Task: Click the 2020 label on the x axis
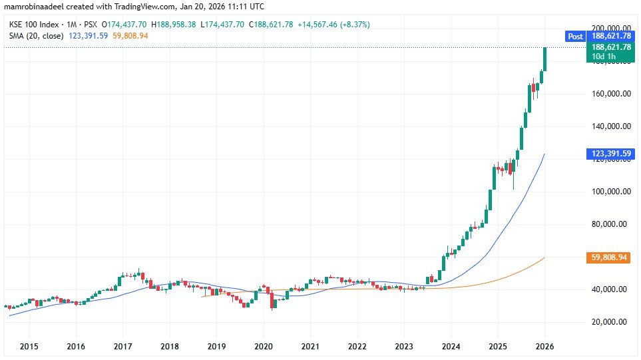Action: click(x=264, y=347)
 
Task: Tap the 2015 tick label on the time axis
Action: click(x=29, y=347)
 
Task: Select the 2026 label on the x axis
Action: click(x=544, y=347)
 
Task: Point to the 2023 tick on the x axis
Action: click(x=404, y=347)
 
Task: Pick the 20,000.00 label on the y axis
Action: click(x=611, y=322)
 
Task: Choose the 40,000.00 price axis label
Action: click(x=611, y=289)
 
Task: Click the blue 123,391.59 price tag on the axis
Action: click(x=608, y=154)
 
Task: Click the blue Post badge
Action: click(x=574, y=37)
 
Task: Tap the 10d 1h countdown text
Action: click(x=602, y=57)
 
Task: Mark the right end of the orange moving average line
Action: click(x=545, y=258)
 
